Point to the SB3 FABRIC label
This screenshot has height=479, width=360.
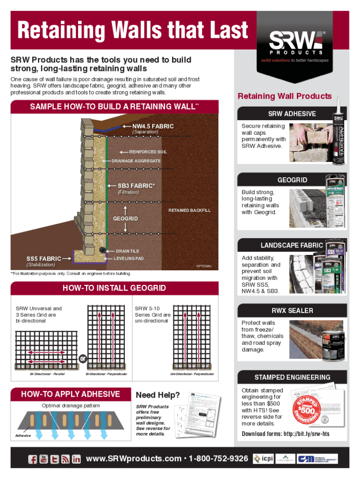click(136, 185)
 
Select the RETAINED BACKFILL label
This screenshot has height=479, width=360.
click(189, 210)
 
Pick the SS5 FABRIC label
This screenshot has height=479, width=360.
click(43, 258)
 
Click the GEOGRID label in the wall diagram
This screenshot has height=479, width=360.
click(126, 219)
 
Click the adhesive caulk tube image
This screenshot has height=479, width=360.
click(338, 136)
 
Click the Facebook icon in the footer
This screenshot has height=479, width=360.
click(33, 459)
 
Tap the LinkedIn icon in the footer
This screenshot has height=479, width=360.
click(76, 459)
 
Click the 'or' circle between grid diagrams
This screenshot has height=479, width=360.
click(83, 359)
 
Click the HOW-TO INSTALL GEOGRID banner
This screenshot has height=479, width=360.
click(114, 288)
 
